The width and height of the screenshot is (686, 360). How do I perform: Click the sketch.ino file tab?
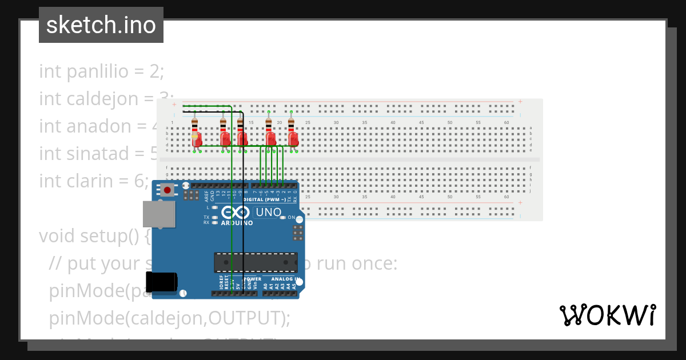pyautogui.click(x=101, y=25)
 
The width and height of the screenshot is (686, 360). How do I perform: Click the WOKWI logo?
pyautogui.click(x=607, y=315)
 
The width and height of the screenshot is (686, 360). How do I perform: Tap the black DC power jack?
pyautogui.click(x=161, y=283)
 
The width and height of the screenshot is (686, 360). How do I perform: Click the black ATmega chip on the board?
pyautogui.click(x=256, y=262)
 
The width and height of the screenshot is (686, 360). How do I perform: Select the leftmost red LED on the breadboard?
pyautogui.click(x=197, y=138)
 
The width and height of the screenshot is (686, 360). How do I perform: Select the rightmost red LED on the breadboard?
pyautogui.click(x=294, y=138)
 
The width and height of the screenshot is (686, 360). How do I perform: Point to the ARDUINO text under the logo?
pyautogui.click(x=236, y=223)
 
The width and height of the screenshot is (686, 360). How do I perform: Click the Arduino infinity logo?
pyautogui.click(x=236, y=213)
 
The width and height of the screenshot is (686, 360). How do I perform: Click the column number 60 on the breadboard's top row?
pyautogui.click(x=506, y=123)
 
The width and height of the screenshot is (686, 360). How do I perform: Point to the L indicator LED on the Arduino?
pyautogui.click(x=214, y=207)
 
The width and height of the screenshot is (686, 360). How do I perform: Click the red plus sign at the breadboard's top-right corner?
pyautogui.click(x=520, y=102)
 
